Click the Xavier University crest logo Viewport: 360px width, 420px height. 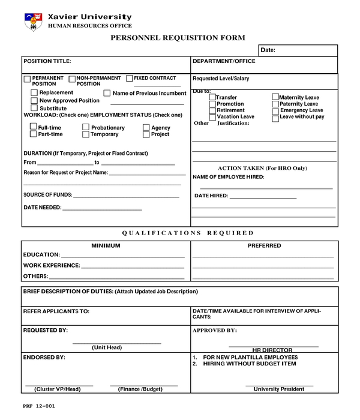[32, 22]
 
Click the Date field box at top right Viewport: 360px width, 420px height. [298, 50]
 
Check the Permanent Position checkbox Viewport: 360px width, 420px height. [27, 80]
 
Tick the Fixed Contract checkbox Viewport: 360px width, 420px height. [129, 79]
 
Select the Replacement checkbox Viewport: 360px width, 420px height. [34, 93]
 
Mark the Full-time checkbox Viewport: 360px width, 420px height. [33, 127]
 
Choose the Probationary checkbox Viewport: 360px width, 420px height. [86, 127]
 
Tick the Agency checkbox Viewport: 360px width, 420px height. [146, 128]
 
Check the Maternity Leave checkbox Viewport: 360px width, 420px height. [275, 97]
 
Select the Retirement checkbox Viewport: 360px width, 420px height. [212, 110]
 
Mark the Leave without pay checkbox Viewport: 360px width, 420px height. [275, 117]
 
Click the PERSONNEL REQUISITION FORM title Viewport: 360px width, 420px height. [178, 38]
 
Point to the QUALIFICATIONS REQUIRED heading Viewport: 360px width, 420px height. [188, 233]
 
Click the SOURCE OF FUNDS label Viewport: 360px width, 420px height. [47, 195]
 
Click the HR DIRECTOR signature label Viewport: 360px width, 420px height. [272, 350]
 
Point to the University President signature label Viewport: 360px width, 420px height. [278, 389]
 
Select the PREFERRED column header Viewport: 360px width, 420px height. [264, 245]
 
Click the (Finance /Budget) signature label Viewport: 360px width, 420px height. [140, 389]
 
